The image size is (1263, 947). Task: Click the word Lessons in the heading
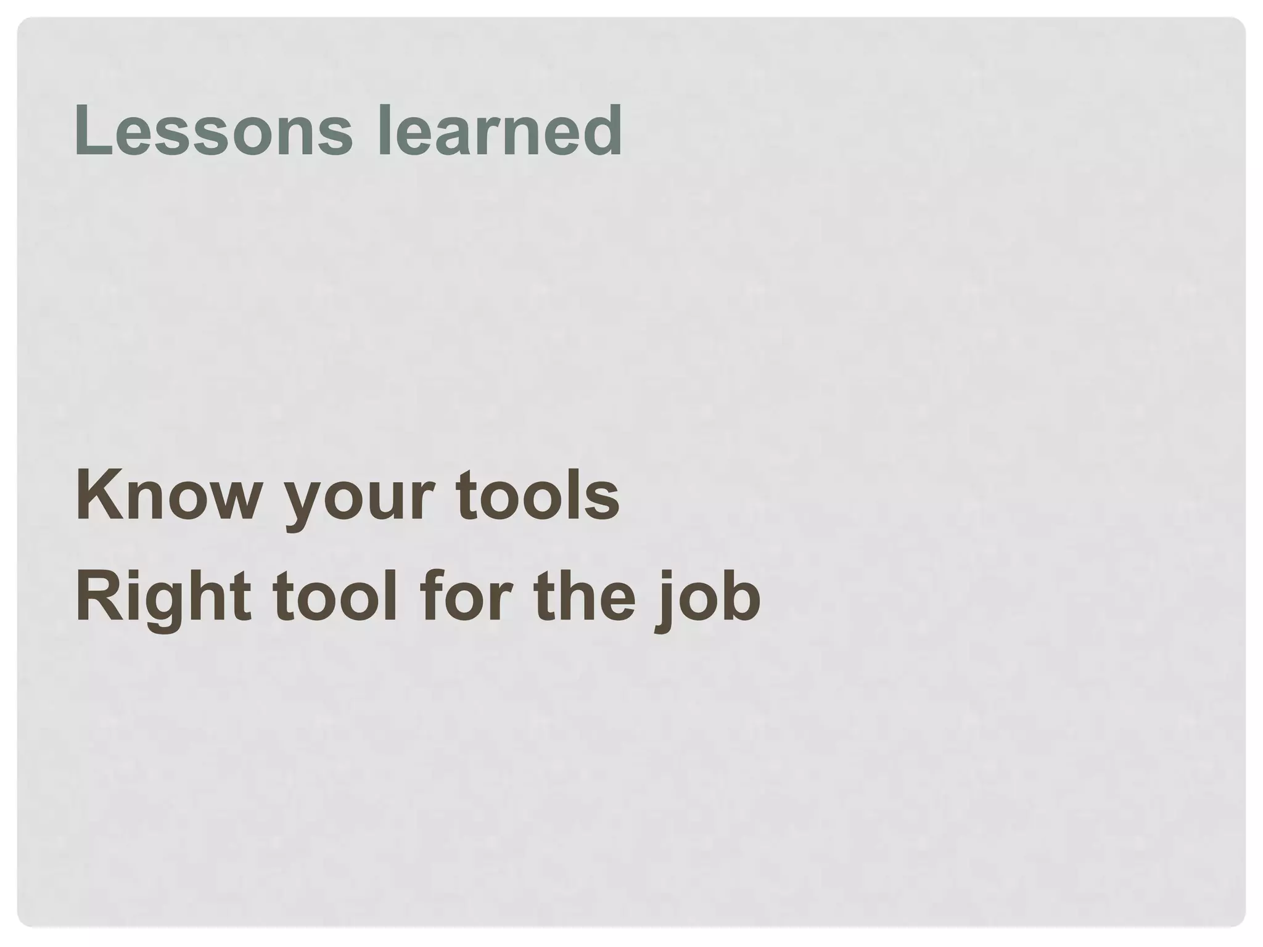point(213,130)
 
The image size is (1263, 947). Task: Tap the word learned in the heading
point(499,130)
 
